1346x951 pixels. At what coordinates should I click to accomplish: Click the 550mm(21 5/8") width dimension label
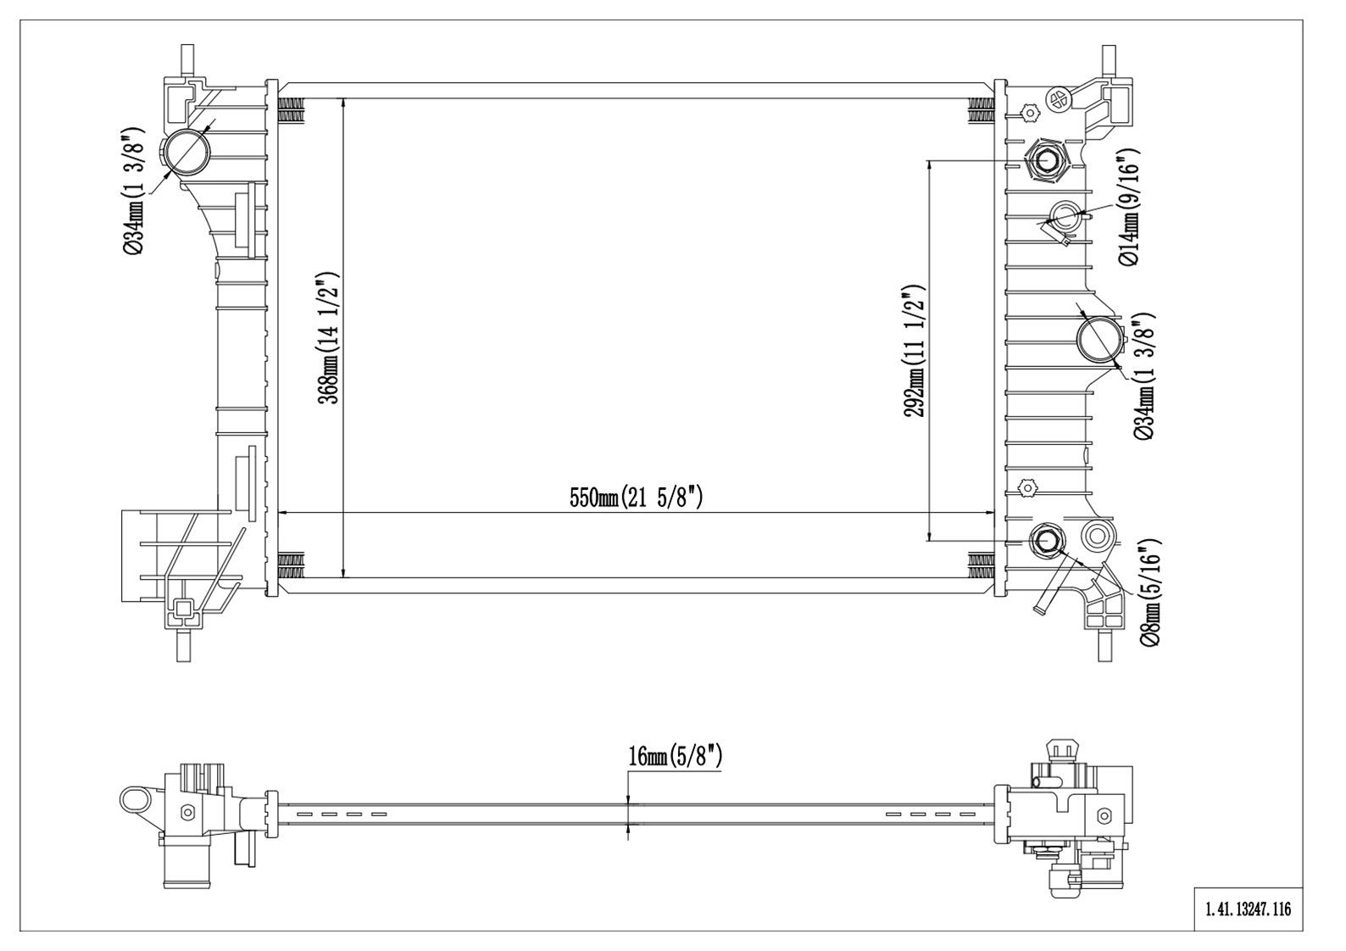point(636,498)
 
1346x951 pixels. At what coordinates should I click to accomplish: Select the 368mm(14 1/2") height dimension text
point(329,338)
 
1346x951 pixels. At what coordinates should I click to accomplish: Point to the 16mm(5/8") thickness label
point(675,756)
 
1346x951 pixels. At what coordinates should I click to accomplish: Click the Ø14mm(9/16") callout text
point(1129,205)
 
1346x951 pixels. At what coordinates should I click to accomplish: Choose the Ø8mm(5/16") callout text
point(1149,592)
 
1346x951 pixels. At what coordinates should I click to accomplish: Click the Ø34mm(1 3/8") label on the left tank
point(135,192)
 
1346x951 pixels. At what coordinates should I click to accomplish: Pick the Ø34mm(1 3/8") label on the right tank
point(1143,376)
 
